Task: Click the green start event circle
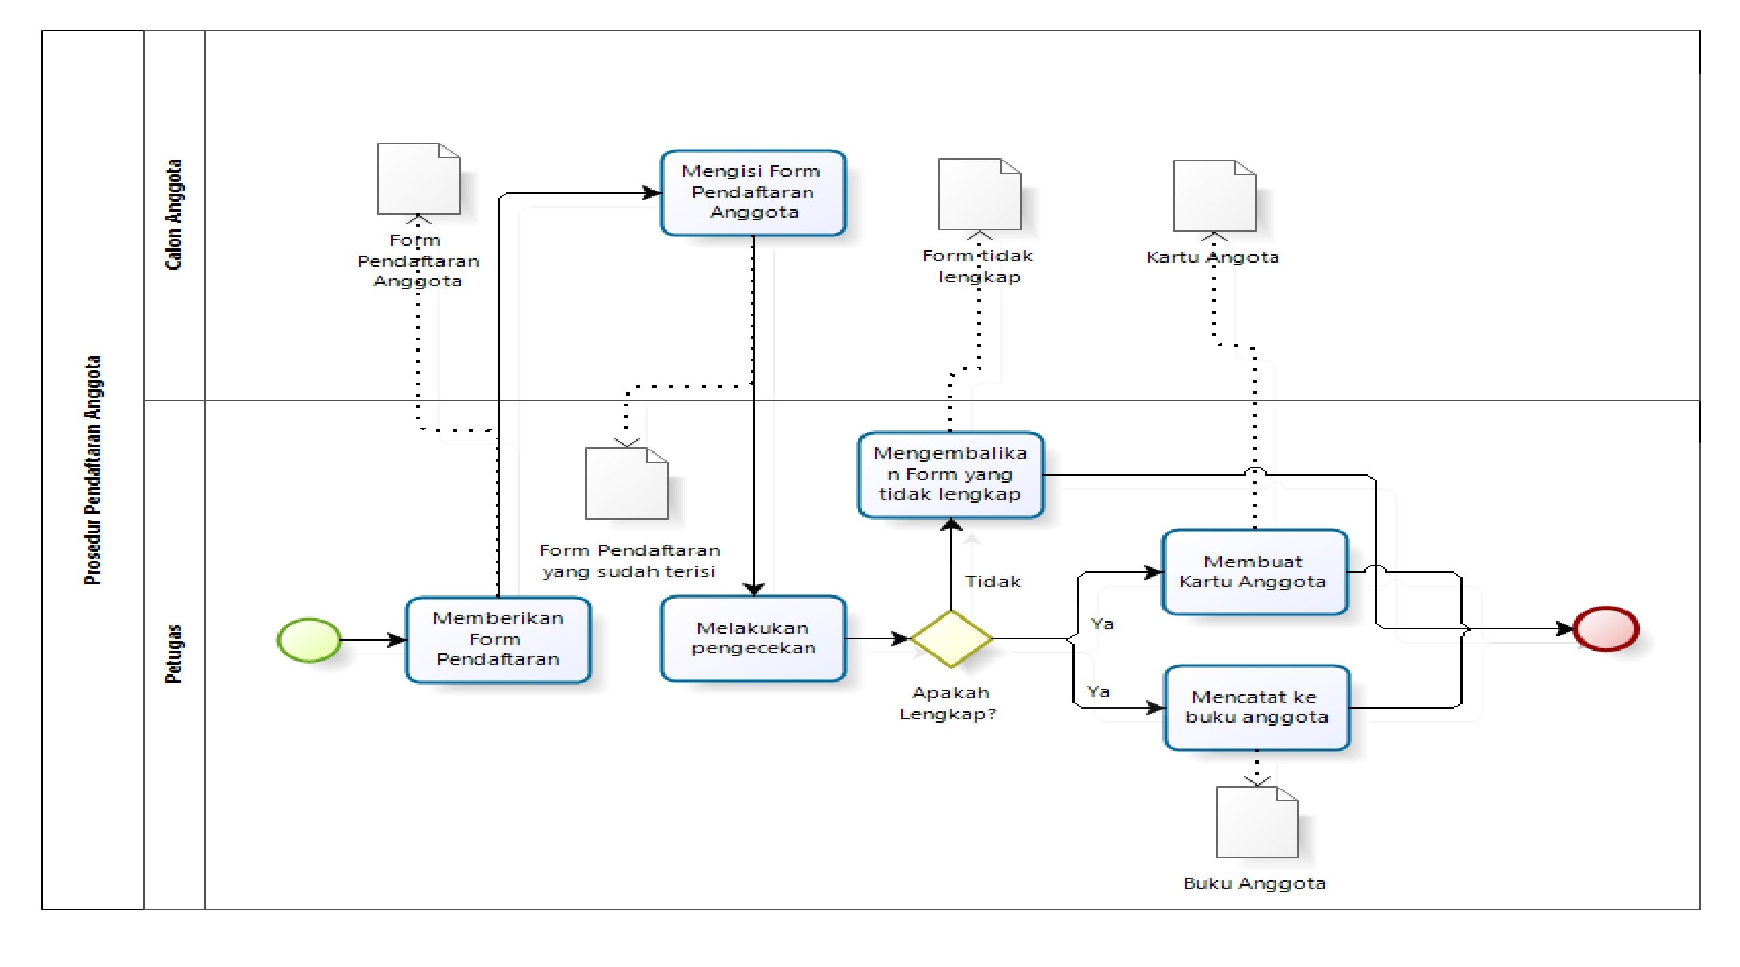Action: coord(309,640)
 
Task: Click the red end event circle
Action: coord(1606,629)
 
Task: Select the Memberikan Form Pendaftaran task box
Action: coord(498,640)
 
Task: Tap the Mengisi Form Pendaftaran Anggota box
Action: coord(753,193)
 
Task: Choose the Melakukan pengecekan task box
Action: coord(753,638)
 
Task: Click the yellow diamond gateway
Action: coord(951,639)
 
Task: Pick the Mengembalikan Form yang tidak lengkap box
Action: coord(950,475)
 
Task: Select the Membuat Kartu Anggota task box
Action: coord(1255,572)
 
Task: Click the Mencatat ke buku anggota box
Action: coord(1257,708)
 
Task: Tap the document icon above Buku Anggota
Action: coord(1257,822)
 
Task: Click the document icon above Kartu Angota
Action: coord(1214,196)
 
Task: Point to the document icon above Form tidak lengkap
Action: coord(979,194)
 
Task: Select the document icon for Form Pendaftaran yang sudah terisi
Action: coord(626,484)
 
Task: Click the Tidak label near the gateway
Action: coord(993,582)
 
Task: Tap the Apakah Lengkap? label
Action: coord(949,704)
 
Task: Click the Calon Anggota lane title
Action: coord(175,215)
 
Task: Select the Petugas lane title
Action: coord(175,654)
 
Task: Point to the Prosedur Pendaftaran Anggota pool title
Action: coord(93,471)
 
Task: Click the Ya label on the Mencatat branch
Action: coord(1098,691)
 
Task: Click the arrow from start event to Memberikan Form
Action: coord(372,640)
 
